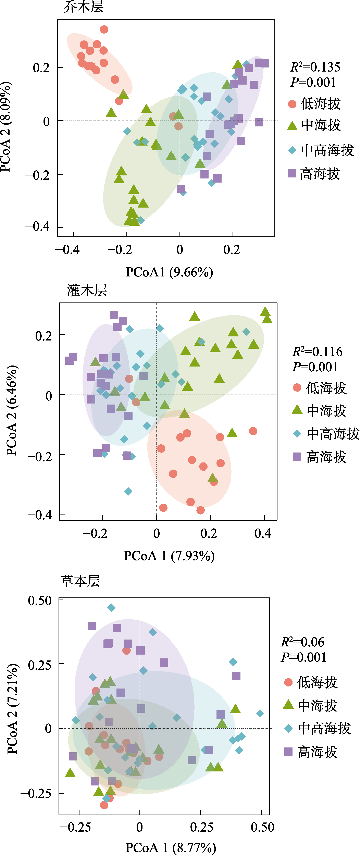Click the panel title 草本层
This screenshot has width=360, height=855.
(x=80, y=581)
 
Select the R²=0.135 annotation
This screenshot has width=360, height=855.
(x=315, y=67)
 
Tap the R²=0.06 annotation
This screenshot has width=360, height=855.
(x=303, y=642)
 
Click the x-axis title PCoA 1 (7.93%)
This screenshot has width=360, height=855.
(x=169, y=556)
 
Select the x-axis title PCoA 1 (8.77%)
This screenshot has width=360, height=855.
(x=171, y=847)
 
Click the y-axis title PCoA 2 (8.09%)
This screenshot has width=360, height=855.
(x=6, y=127)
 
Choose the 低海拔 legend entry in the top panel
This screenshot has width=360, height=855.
(x=314, y=104)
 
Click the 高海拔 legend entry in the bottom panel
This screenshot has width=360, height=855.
(x=311, y=752)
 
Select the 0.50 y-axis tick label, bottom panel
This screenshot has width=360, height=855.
(x=40, y=601)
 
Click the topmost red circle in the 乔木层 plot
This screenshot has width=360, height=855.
(x=104, y=29)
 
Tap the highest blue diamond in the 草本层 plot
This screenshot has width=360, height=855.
(x=111, y=608)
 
